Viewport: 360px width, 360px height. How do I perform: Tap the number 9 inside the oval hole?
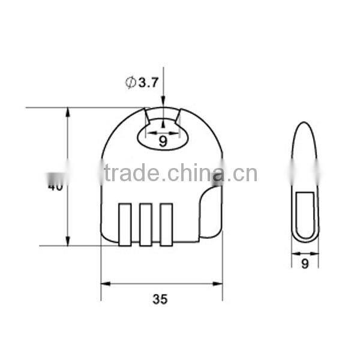pos(163,142)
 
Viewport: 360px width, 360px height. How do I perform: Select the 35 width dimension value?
pos(160,299)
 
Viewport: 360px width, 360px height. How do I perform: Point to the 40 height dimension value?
pos(55,186)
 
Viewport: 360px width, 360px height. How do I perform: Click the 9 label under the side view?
pos(305,264)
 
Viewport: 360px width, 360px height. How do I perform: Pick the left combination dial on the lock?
pos(125,224)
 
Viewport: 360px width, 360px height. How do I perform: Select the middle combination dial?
pos(145,224)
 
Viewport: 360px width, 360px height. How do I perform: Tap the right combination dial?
pos(166,224)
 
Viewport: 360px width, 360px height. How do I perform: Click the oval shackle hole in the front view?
pos(163,136)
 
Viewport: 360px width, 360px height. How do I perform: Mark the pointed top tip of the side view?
pos(305,124)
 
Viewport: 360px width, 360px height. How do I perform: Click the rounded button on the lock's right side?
pos(209,212)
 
